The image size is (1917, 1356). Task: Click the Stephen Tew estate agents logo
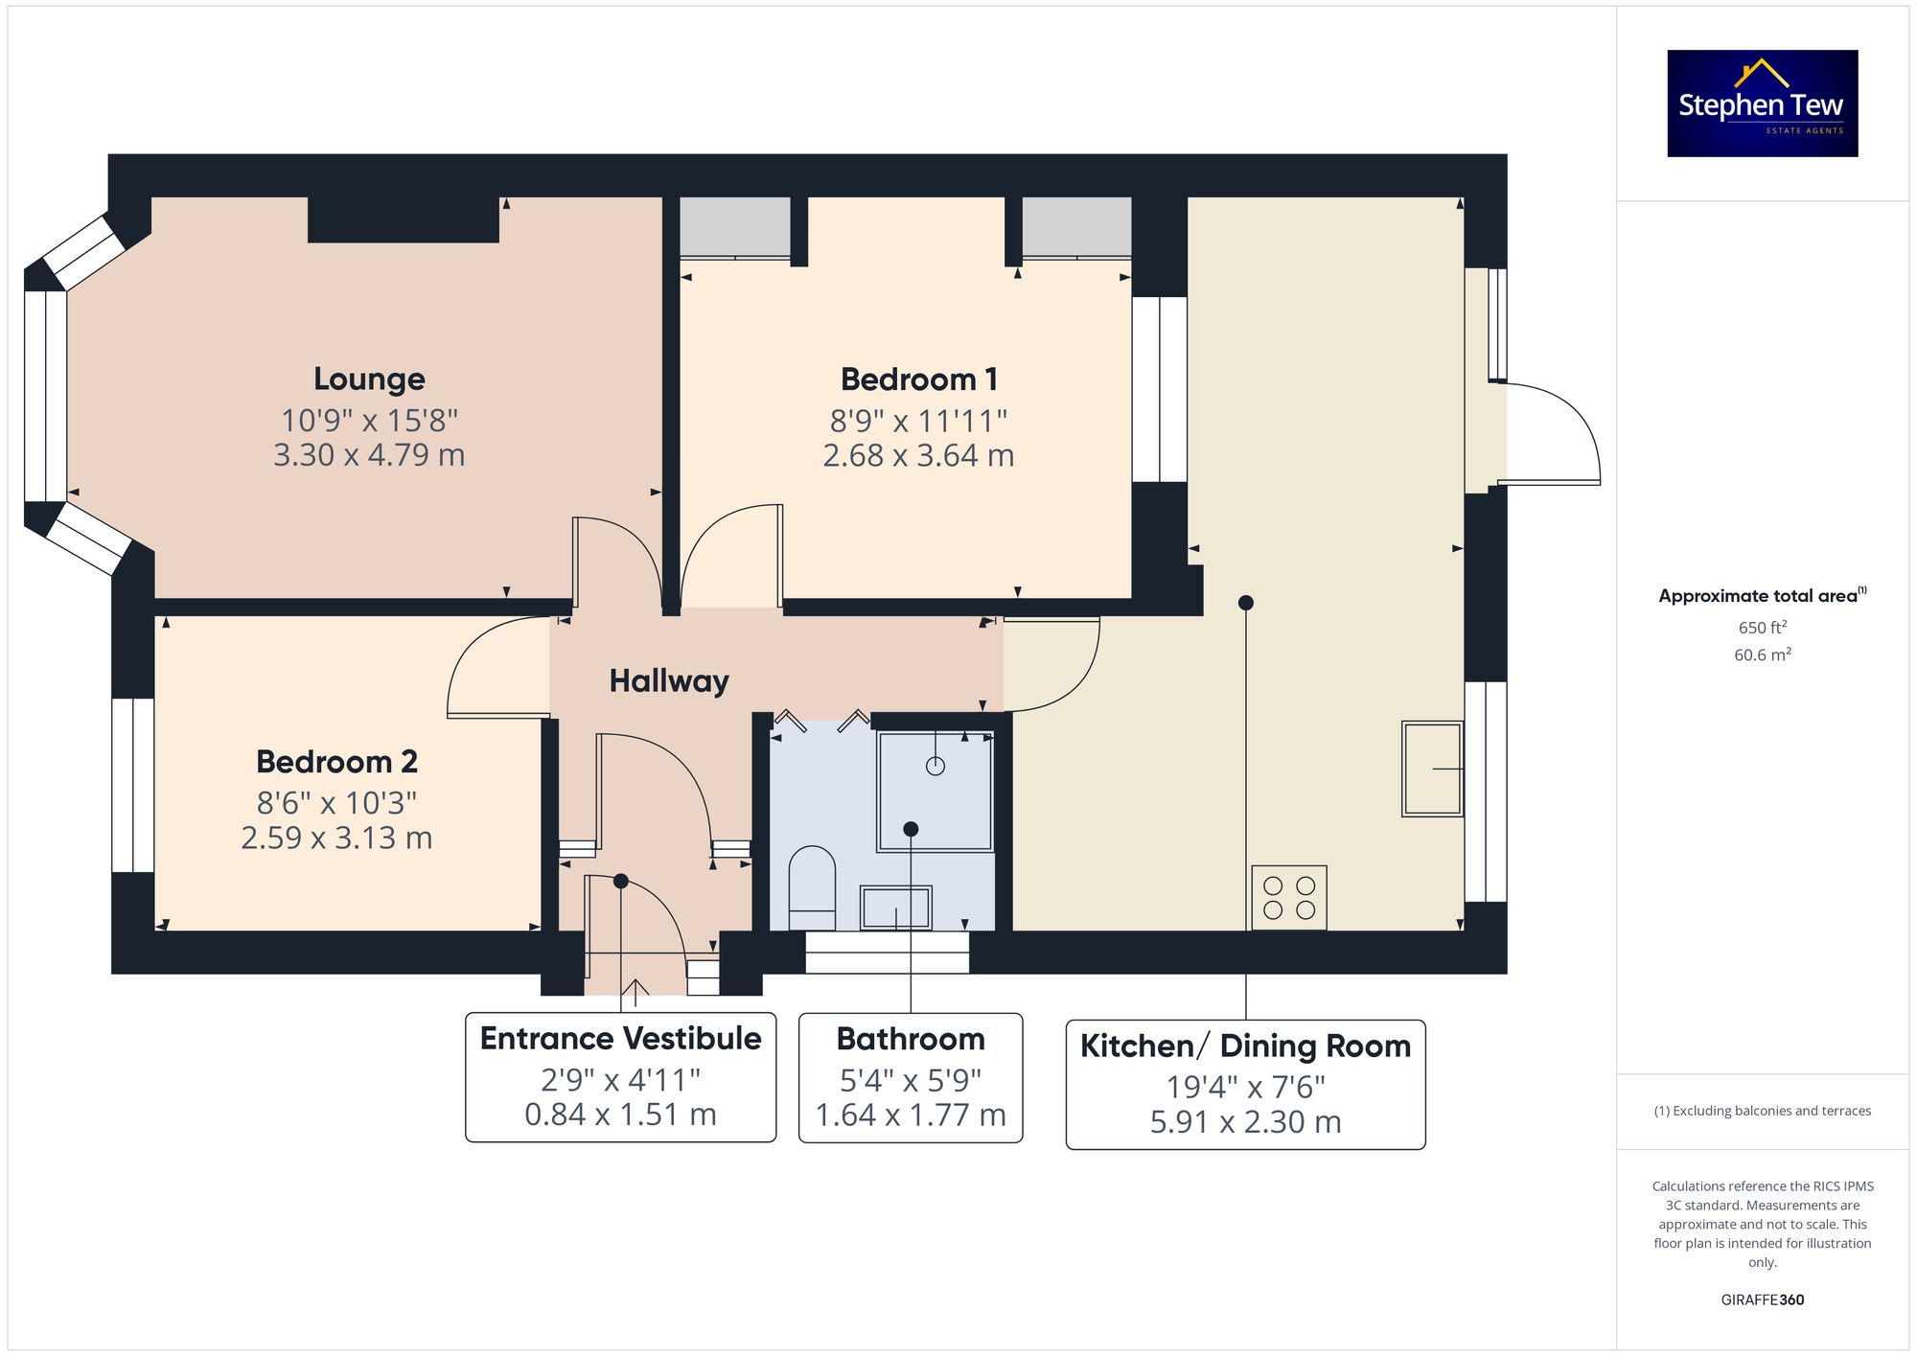pyautogui.click(x=1762, y=103)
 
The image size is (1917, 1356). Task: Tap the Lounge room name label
pyautogui.click(x=369, y=379)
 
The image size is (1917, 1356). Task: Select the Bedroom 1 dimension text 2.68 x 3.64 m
pyautogui.click(x=918, y=455)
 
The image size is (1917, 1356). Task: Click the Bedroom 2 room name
pyautogui.click(x=336, y=762)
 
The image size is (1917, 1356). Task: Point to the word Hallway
pyautogui.click(x=669, y=681)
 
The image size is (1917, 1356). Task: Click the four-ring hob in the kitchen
pyautogui.click(x=1288, y=898)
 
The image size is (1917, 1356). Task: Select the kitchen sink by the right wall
pyautogui.click(x=1431, y=769)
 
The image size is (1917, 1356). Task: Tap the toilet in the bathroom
pyautogui.click(x=812, y=886)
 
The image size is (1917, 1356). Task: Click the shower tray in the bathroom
pyautogui.click(x=935, y=792)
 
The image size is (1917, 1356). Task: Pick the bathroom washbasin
pyautogui.click(x=895, y=908)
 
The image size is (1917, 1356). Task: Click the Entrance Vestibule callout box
pyautogui.click(x=620, y=1077)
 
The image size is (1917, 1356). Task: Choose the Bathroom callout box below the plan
pyautogui.click(x=911, y=1077)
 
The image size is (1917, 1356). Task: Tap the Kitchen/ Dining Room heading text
pyautogui.click(x=1245, y=1046)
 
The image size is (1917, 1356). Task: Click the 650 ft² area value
pyautogui.click(x=1762, y=628)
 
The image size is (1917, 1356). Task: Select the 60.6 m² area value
pyautogui.click(x=1762, y=655)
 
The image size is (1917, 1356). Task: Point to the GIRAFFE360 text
pyautogui.click(x=1762, y=1300)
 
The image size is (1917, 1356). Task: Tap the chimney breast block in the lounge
pyautogui.click(x=403, y=219)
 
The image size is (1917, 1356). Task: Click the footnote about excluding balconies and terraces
pyautogui.click(x=1762, y=1112)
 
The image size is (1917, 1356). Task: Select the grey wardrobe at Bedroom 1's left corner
pyautogui.click(x=734, y=226)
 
